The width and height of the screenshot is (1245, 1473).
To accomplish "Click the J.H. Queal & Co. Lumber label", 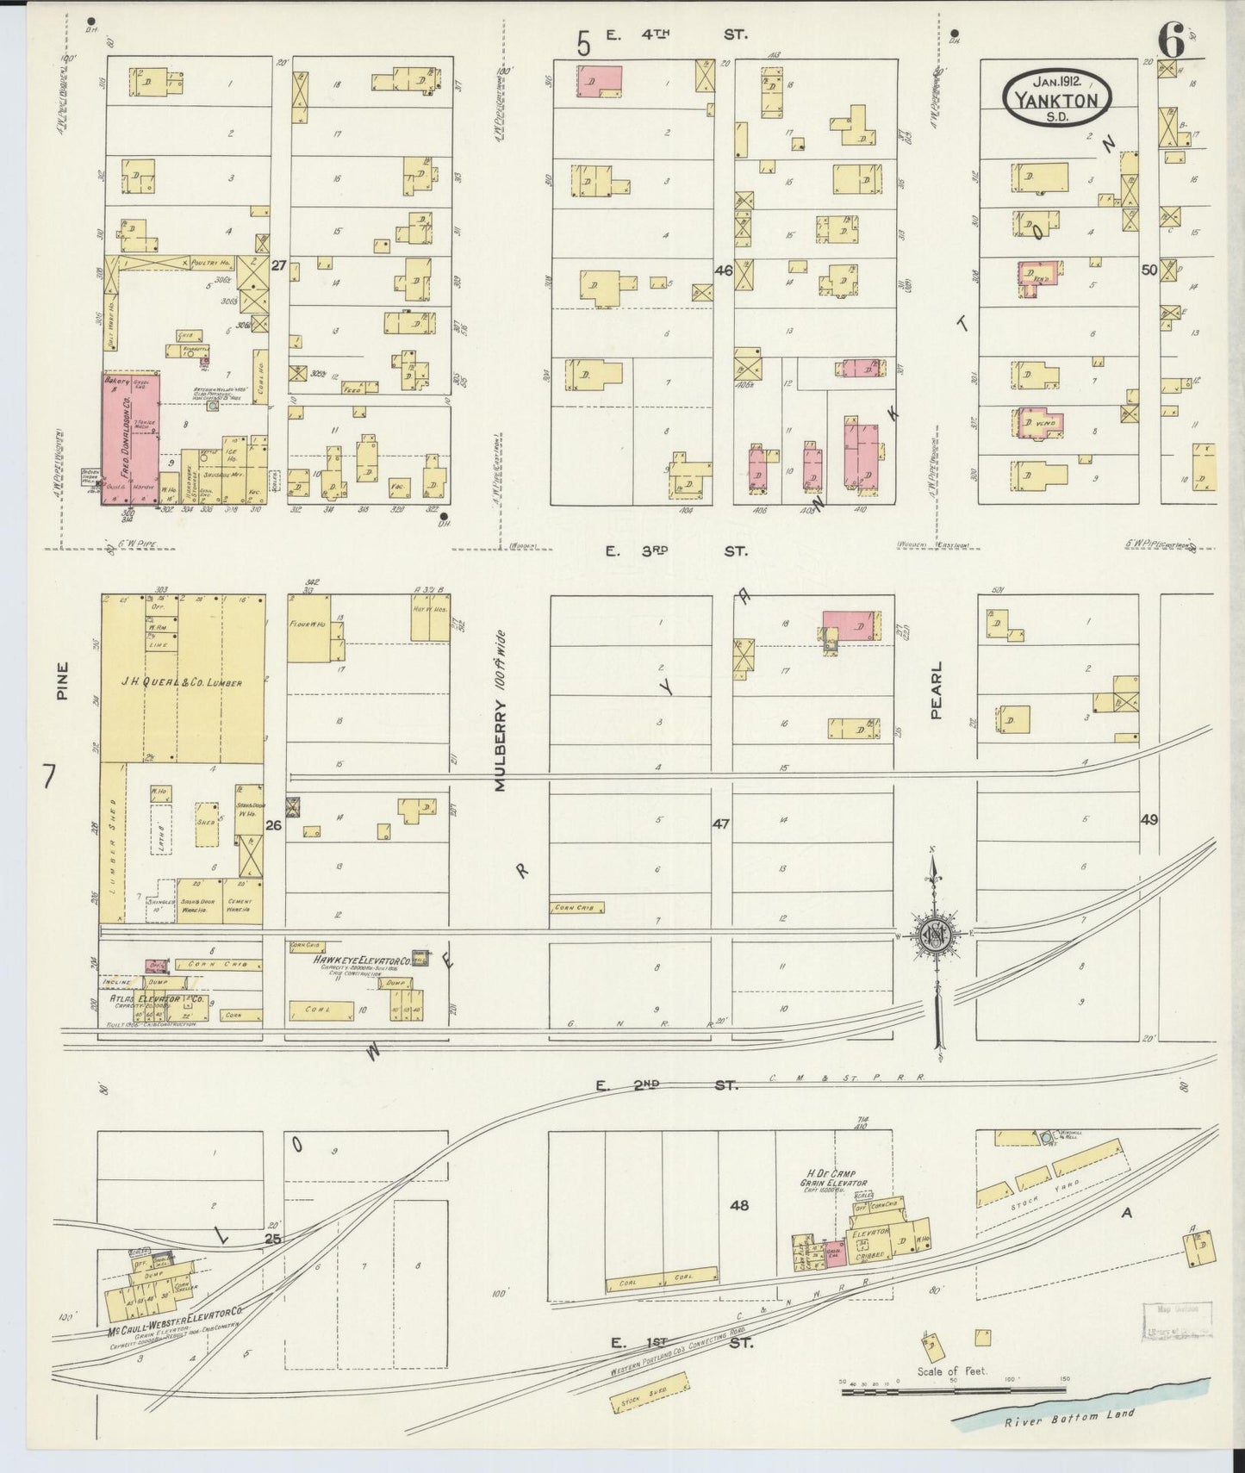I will point(182,683).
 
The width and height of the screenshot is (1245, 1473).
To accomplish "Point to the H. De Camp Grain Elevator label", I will point(837,1178).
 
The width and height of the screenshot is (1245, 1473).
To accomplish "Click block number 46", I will point(723,270).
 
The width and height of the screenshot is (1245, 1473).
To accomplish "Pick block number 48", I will point(738,1205).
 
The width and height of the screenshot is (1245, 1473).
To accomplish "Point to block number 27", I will point(277,266).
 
